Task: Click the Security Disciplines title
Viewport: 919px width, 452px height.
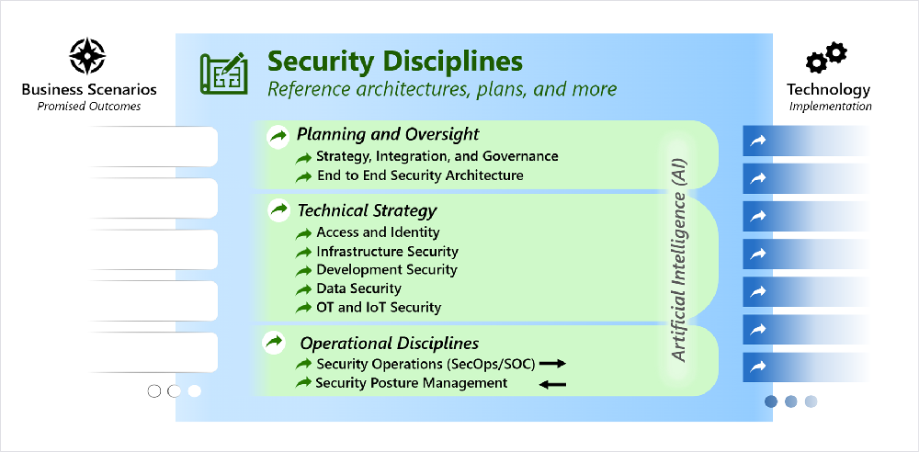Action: coord(394,61)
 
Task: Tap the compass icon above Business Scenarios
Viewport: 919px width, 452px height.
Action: coord(87,56)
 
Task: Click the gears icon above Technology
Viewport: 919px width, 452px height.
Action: coord(826,58)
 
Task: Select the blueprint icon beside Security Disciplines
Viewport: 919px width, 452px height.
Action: coord(223,72)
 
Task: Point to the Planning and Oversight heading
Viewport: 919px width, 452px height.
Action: coord(388,134)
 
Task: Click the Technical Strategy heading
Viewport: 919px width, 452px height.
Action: coord(367,209)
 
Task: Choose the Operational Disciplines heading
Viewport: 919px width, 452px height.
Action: coord(389,343)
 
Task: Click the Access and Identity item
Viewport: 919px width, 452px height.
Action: coord(378,232)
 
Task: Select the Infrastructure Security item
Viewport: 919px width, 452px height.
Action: coord(388,252)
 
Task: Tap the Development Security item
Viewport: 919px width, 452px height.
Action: coord(387,270)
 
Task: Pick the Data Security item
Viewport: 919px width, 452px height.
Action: coord(358,288)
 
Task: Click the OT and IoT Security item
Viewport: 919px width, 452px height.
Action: coord(379,307)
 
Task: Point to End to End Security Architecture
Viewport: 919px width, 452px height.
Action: coord(420,175)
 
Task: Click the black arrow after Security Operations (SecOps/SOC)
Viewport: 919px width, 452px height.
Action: coord(552,364)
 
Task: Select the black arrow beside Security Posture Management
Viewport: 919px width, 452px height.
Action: coord(552,385)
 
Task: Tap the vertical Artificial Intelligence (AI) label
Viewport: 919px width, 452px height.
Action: coord(678,252)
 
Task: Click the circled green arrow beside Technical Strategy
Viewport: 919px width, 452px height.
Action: coord(279,209)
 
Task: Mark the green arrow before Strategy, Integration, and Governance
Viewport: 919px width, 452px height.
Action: coord(303,157)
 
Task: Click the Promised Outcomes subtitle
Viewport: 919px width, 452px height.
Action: coord(89,107)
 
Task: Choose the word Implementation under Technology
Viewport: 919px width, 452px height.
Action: coord(830,107)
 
